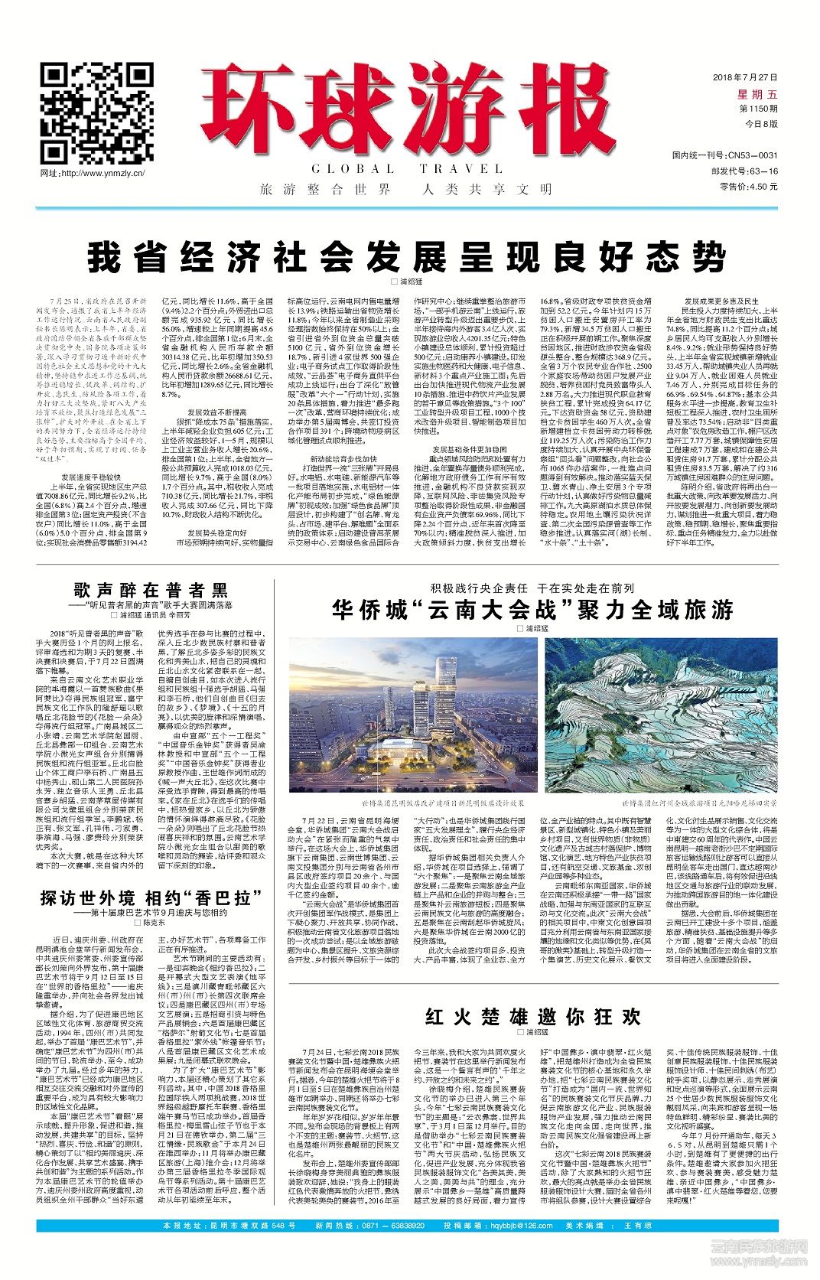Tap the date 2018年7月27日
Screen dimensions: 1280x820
point(744,78)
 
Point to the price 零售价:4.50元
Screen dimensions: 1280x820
point(747,186)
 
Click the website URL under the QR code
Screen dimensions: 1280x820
point(93,174)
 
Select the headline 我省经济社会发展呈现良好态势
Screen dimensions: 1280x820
point(406,258)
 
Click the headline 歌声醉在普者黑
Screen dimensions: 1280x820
point(151,590)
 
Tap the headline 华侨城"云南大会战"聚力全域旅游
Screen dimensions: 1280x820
point(532,610)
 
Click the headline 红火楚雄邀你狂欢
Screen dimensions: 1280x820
point(532,1016)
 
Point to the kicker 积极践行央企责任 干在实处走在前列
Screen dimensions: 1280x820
point(532,588)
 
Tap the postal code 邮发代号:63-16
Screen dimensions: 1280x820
point(744,171)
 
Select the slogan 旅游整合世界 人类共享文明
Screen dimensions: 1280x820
point(405,189)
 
